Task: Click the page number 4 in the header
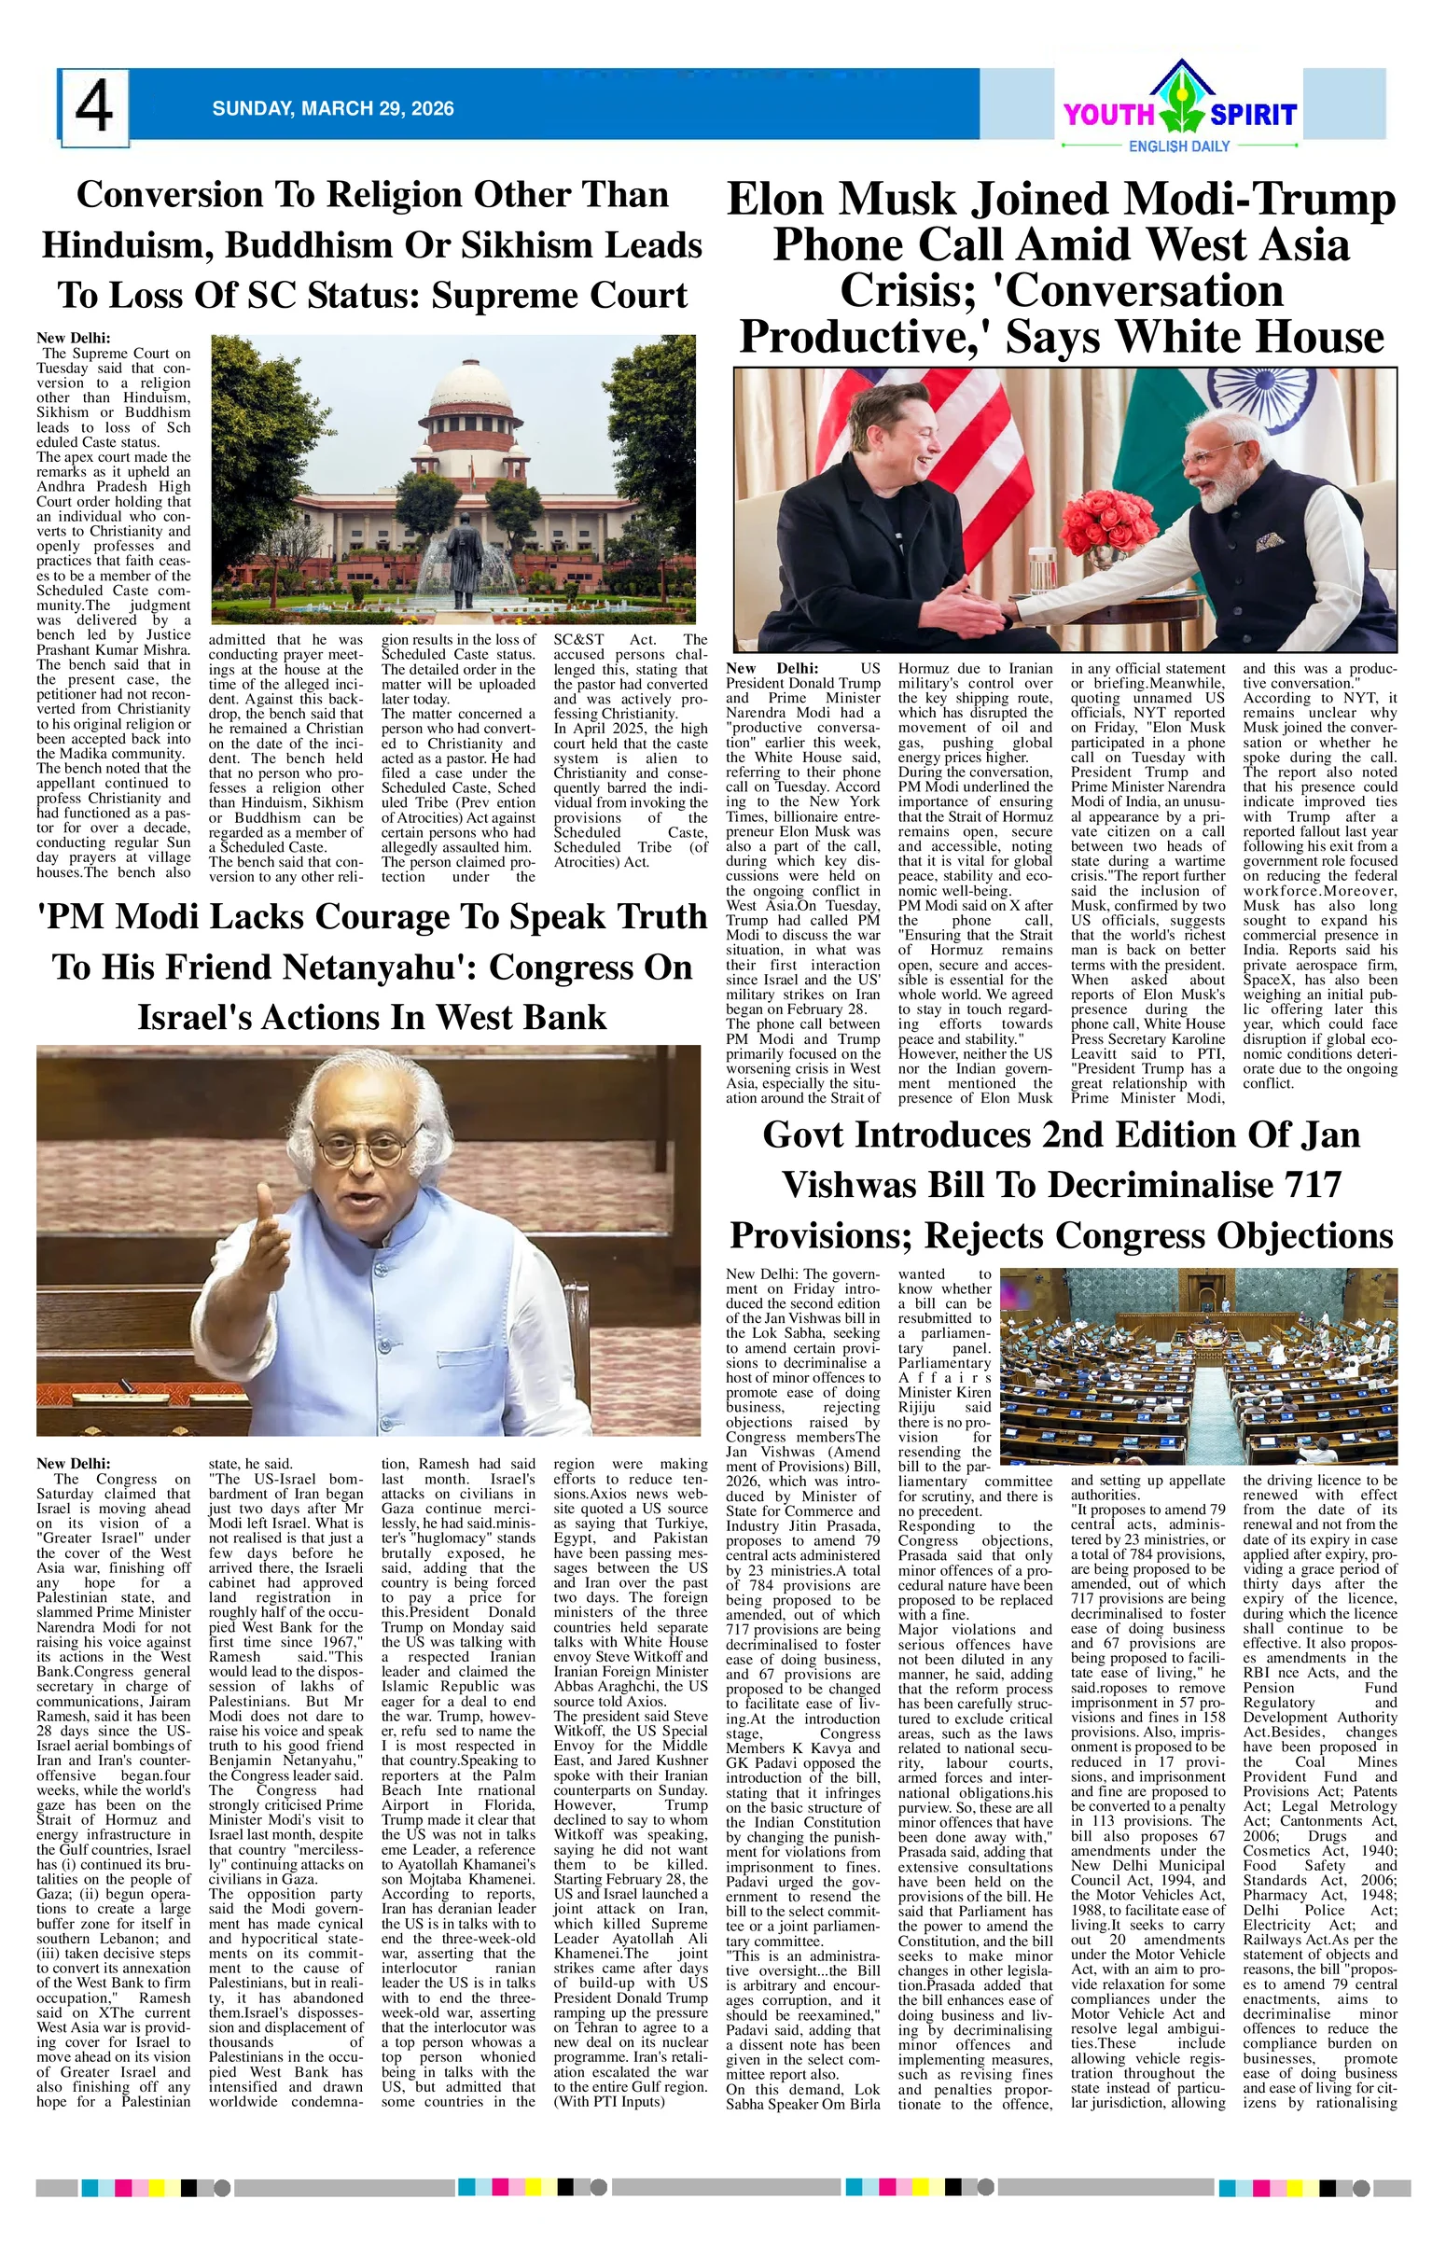coord(93,107)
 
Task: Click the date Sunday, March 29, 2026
coord(332,109)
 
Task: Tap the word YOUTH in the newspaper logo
coord(1108,115)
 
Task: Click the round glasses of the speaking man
coord(367,1148)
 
